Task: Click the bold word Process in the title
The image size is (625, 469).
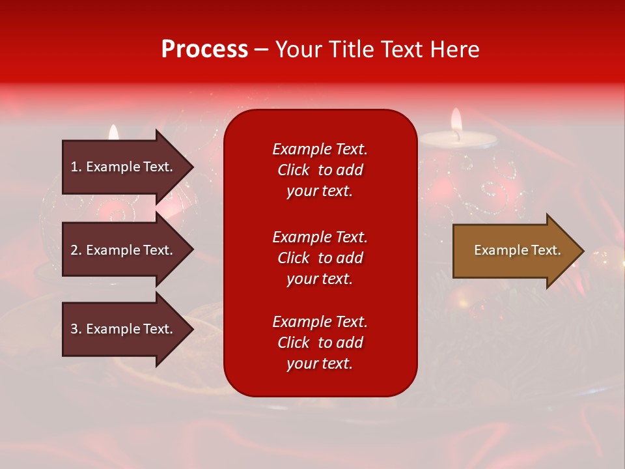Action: (204, 50)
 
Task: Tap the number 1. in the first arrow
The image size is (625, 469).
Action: (76, 167)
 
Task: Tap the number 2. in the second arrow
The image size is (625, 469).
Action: (76, 250)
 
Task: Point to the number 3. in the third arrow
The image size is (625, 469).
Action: (76, 329)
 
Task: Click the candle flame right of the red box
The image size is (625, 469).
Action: (456, 121)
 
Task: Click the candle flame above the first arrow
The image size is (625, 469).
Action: (114, 132)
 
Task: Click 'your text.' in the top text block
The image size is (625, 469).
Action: (320, 191)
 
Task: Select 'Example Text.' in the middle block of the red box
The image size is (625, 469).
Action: (320, 237)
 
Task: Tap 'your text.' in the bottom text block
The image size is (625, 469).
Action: (320, 363)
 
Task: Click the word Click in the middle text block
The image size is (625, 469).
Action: (294, 258)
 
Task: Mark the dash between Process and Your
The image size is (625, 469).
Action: (261, 50)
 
